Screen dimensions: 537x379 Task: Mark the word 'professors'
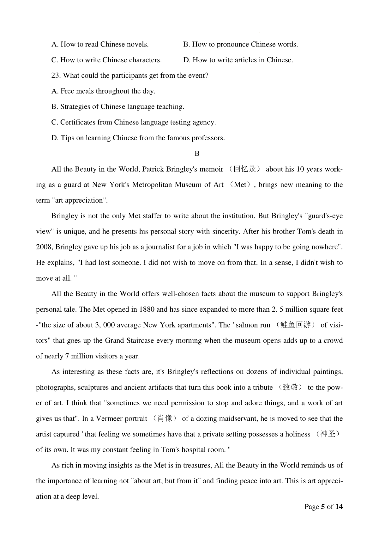click(x=208, y=138)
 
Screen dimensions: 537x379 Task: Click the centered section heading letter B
click(x=197, y=153)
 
